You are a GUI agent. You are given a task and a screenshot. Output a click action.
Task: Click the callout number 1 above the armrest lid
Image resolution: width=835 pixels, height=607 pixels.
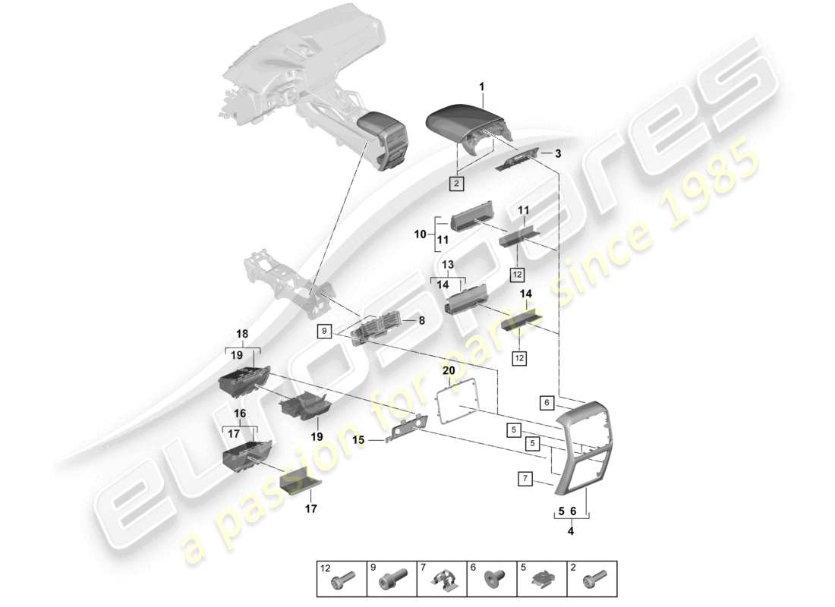pyautogui.click(x=481, y=88)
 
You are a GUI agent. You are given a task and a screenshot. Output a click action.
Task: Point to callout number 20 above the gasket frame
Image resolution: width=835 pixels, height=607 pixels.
pyautogui.click(x=448, y=370)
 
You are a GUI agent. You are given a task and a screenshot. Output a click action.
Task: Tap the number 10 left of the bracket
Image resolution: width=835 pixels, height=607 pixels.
pyautogui.click(x=421, y=235)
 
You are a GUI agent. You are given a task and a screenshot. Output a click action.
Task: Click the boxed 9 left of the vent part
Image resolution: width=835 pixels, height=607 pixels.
pyautogui.click(x=325, y=331)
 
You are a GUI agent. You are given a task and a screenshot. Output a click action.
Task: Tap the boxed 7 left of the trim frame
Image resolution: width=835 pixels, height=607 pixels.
pyautogui.click(x=525, y=479)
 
